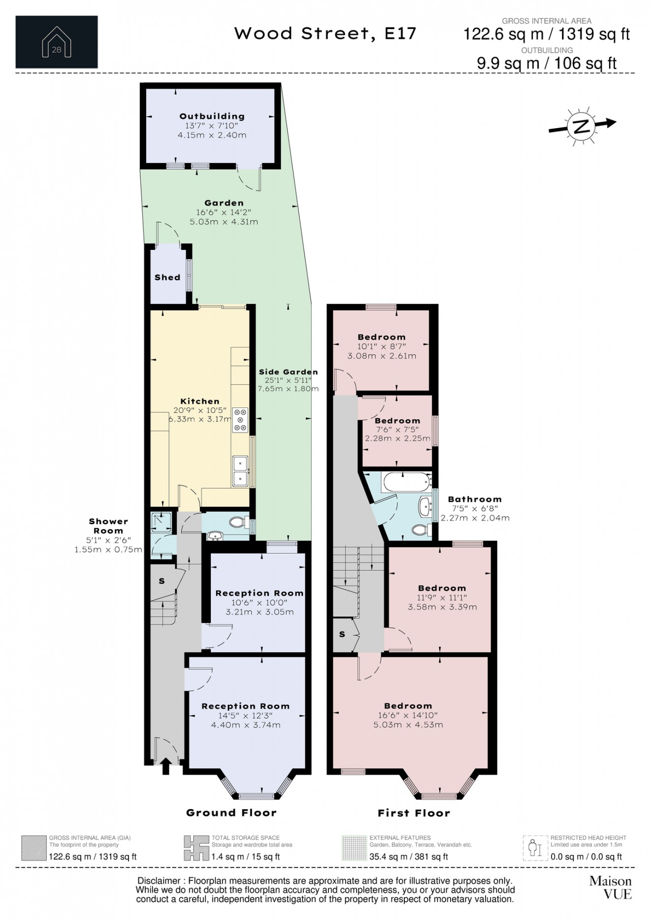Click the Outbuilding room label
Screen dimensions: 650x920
click(212, 116)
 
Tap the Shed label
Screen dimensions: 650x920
click(167, 277)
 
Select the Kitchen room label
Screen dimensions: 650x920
click(200, 401)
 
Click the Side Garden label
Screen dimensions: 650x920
click(289, 372)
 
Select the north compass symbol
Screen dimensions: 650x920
click(582, 126)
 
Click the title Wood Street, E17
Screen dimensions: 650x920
click(325, 34)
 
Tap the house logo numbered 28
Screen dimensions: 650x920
click(57, 42)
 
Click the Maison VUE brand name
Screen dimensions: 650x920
click(611, 887)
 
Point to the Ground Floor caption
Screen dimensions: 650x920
click(231, 813)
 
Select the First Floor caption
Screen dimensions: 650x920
click(414, 813)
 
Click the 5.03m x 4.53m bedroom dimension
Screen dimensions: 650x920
click(408, 725)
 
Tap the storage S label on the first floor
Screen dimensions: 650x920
click(342, 634)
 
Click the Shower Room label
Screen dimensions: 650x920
click(108, 526)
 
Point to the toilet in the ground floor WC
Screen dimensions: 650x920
click(238, 522)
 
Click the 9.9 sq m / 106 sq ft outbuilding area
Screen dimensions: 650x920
click(547, 63)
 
